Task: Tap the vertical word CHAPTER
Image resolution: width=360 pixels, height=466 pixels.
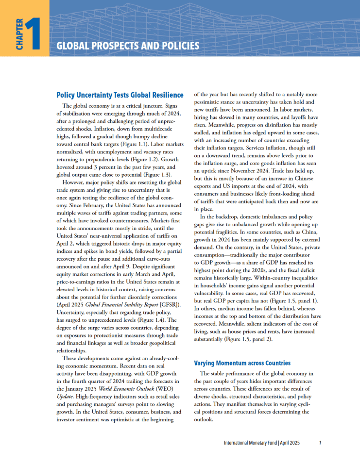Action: [x=18, y=34]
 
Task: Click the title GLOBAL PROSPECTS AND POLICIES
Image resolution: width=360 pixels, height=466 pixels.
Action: [x=128, y=46]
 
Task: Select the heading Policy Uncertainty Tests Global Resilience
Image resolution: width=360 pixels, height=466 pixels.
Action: [x=120, y=95]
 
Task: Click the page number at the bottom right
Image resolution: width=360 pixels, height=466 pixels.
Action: [x=320, y=443]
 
